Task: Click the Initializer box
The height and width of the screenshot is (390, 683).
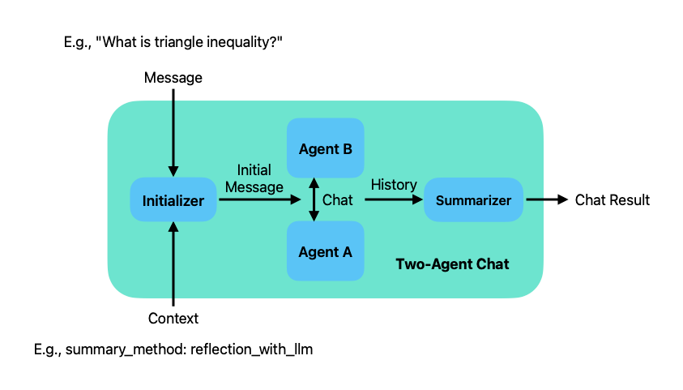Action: click(173, 200)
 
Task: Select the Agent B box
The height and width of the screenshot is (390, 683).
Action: click(325, 149)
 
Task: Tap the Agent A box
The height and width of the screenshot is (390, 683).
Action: click(325, 251)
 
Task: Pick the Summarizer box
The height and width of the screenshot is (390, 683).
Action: click(473, 200)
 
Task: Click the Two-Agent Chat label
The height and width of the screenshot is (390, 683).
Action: click(452, 264)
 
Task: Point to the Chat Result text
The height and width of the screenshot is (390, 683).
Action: click(612, 200)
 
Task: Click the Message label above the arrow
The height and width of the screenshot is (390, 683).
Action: click(173, 78)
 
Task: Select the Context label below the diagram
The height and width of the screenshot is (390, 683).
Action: click(173, 319)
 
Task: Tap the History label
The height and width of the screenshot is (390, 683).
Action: click(394, 185)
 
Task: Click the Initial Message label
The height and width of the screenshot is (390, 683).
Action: click(254, 178)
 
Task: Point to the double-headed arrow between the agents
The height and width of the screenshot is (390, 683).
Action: click(313, 200)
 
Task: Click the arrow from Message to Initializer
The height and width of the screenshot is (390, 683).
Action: click(173, 130)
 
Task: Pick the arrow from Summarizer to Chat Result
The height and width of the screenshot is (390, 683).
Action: click(546, 200)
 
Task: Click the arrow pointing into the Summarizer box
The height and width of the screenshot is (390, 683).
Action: click(394, 200)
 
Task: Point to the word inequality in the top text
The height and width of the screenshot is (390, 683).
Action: click(233, 41)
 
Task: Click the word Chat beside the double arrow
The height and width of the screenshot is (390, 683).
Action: click(338, 200)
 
